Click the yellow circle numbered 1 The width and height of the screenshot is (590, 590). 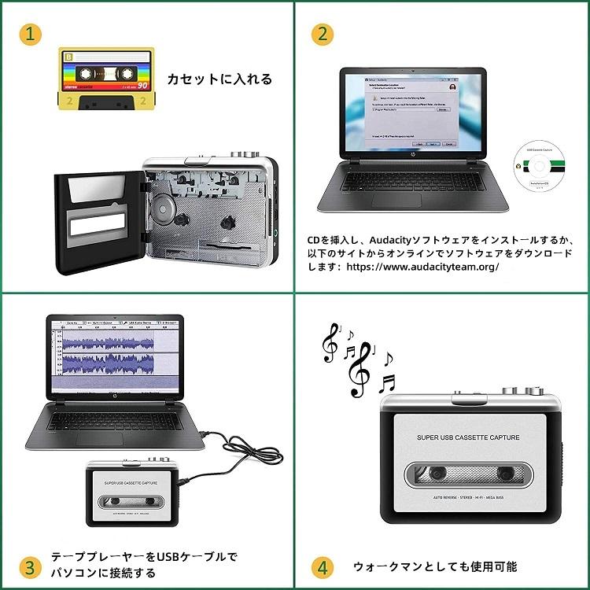coord(30,35)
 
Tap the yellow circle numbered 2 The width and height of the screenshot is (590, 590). coord(322,35)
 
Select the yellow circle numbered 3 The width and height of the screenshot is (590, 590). coord(30,566)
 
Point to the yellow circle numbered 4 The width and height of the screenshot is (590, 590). coord(322,566)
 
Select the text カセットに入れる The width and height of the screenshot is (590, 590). coord(219,79)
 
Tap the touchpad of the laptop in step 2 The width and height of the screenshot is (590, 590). coord(396,200)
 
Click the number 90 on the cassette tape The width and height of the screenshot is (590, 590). coord(142,84)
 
